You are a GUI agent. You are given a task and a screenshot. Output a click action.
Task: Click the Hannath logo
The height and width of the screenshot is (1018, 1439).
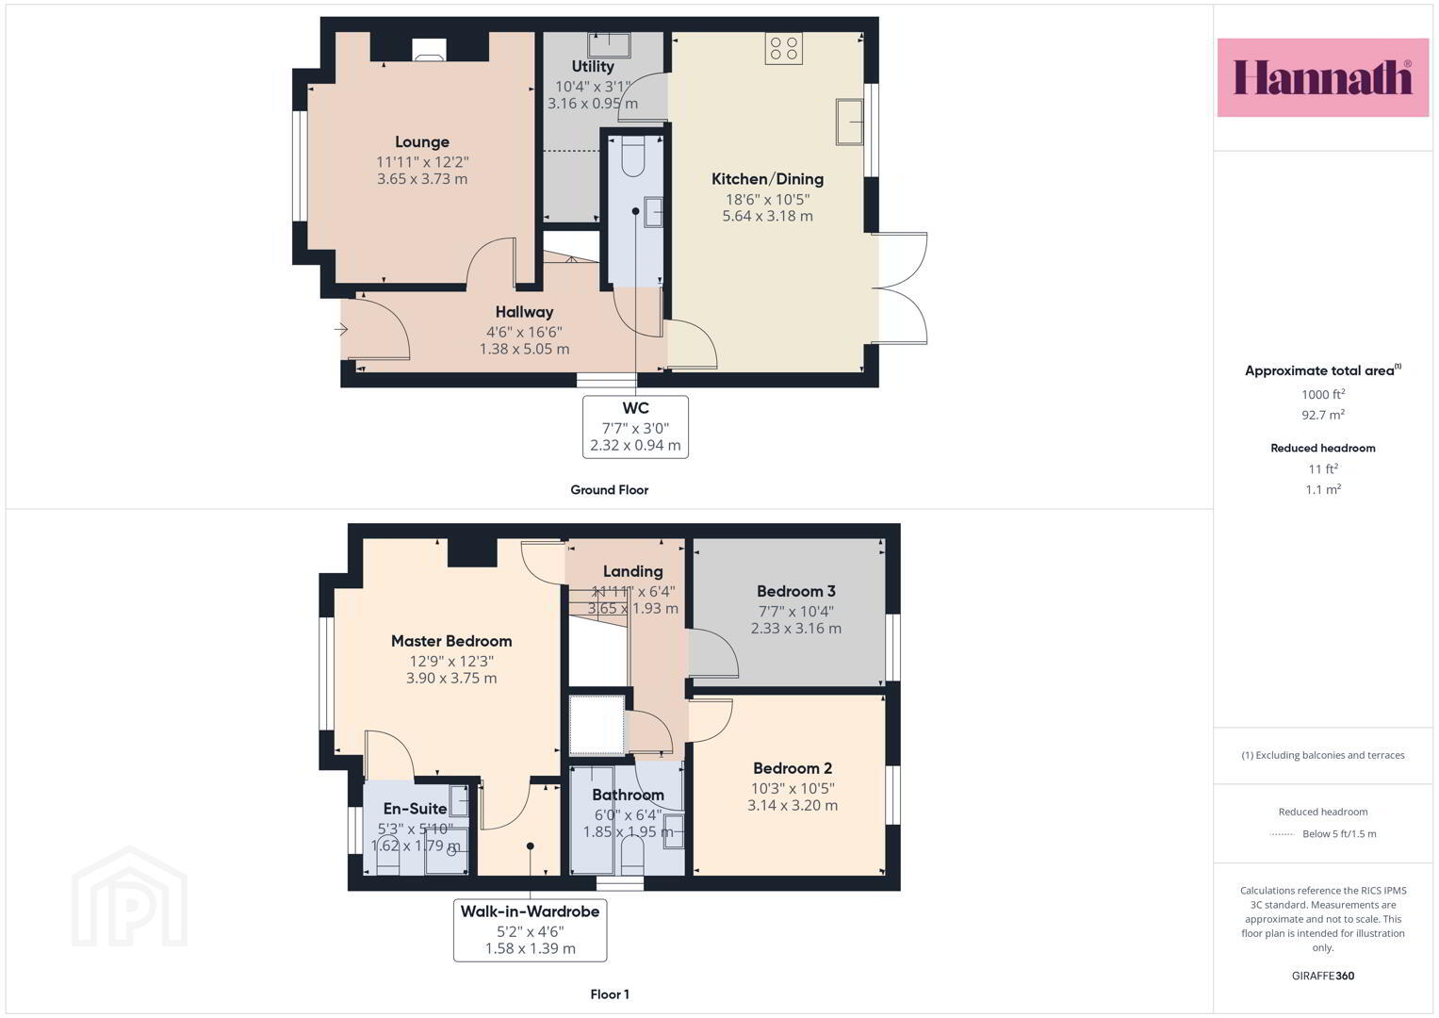coord(1323,77)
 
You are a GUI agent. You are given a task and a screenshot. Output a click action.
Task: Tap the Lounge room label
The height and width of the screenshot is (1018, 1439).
coord(422,142)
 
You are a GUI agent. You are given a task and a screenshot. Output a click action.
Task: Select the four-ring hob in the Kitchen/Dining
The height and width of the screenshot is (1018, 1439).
coord(784,48)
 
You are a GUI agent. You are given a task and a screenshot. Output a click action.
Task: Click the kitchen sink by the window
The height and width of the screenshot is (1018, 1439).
coord(849,122)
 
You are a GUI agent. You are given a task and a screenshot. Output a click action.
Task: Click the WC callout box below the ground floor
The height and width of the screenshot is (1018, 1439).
coord(635,427)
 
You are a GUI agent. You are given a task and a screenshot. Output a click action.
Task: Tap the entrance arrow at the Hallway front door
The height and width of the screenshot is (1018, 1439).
coord(341,330)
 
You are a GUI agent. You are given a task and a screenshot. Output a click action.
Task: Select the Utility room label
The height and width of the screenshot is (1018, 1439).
coord(593,66)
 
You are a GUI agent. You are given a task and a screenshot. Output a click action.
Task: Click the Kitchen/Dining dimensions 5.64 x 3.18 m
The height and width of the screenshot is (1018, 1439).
coord(768,217)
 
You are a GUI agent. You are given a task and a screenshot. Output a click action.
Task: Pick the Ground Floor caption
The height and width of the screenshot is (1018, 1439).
coord(610,490)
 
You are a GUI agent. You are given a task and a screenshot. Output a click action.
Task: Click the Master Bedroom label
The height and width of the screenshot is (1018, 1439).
coord(451,641)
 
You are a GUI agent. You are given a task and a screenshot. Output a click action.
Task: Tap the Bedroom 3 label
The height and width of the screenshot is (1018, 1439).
coord(796,591)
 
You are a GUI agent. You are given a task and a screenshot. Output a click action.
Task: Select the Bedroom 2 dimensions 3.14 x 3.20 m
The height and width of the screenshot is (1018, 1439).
coord(793,805)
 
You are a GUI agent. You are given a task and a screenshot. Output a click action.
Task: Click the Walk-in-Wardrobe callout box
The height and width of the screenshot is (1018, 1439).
coord(530,930)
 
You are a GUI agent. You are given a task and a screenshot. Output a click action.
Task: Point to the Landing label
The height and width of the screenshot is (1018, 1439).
coord(632,571)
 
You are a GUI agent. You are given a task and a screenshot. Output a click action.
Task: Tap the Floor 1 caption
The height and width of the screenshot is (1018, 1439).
coord(610,994)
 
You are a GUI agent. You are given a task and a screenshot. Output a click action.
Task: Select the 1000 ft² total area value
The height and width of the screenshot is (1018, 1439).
coord(1323,394)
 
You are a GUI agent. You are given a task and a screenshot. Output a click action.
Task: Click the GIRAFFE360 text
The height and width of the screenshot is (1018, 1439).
coord(1323,976)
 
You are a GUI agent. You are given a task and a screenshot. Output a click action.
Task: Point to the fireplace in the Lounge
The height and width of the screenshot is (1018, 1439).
coord(429,49)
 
